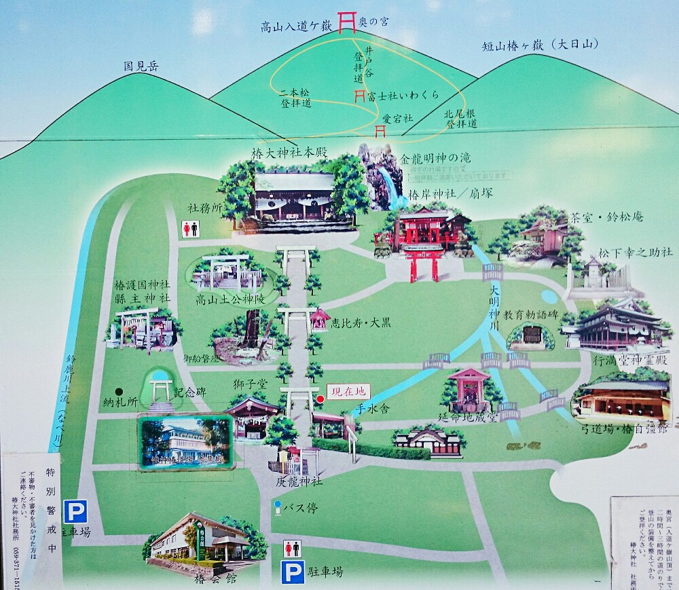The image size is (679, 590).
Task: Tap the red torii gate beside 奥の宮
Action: [348, 20]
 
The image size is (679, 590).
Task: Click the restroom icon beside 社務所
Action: [190, 229]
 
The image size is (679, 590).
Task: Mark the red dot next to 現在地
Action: [320, 399]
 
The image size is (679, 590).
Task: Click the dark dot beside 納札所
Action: [119, 392]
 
